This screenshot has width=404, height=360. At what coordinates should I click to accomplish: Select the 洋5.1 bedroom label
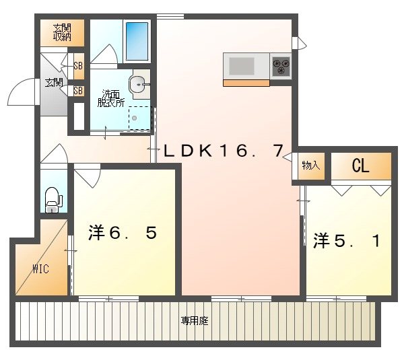345,240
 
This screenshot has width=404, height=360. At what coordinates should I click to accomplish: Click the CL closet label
361,167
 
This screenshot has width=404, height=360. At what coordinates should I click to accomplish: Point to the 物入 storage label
310,166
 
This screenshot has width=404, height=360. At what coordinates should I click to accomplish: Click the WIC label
40,269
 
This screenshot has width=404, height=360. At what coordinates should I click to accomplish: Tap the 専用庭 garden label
195,322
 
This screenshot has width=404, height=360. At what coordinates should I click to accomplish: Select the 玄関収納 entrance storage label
62,32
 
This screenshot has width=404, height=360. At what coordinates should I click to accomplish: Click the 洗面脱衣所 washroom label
110,98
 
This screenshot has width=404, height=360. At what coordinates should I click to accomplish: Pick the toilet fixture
53,199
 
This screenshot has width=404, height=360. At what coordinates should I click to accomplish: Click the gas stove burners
281,66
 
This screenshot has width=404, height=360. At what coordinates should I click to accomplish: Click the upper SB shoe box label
78,66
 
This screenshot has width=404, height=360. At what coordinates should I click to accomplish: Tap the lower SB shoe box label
78,90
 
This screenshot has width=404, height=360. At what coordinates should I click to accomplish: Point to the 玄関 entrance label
54,83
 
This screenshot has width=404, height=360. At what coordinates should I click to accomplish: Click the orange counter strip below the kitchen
246,83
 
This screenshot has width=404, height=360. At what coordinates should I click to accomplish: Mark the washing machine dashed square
139,118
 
